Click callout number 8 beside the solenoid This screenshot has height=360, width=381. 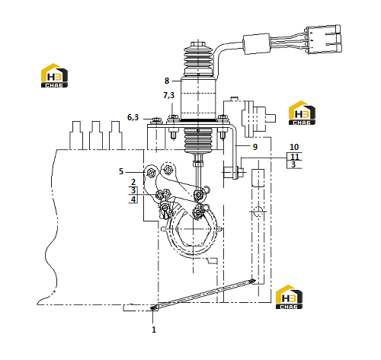point(167,81)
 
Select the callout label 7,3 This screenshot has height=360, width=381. point(168,95)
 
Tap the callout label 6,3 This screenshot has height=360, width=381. point(133,117)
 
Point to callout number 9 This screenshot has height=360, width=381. point(255,147)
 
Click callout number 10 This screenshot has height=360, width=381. point(294,147)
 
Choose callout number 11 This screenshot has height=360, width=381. point(295,156)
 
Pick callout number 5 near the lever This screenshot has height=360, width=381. point(121,171)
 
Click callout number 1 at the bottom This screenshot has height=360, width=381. point(154,330)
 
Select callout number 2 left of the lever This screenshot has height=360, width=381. point(133,182)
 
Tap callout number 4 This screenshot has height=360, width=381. point(133,199)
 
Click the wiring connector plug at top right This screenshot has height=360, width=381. point(324,39)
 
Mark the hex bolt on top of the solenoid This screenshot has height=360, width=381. point(198,43)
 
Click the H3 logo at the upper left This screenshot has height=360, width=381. point(54,75)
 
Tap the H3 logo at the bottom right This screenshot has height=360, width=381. point(289,297)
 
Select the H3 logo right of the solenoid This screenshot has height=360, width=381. point(302,113)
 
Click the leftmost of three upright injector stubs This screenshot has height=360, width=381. point(76,135)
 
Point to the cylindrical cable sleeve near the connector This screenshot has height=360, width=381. point(257,43)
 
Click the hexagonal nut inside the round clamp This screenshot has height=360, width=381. point(194,231)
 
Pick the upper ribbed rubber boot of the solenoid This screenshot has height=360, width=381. point(198,60)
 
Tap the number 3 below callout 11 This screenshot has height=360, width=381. point(293,164)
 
